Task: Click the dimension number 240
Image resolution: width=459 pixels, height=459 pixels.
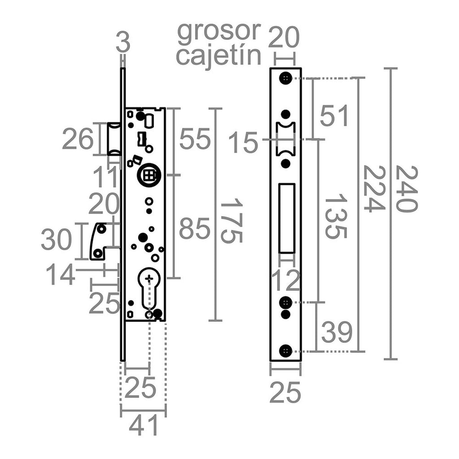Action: pyautogui.click(x=407, y=189)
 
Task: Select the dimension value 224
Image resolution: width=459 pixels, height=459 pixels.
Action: pyautogui.click(x=373, y=189)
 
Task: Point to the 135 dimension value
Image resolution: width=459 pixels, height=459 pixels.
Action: pyautogui.click(x=335, y=216)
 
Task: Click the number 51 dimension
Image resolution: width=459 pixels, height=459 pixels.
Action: pyautogui.click(x=334, y=117)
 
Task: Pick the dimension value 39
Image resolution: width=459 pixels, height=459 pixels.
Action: pyautogui.click(x=337, y=333)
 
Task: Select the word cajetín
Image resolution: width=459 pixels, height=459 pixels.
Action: pyautogui.click(x=218, y=56)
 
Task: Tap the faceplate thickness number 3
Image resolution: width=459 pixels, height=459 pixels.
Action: pyautogui.click(x=122, y=43)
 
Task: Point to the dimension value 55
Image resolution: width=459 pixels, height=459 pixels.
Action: pyautogui.click(x=195, y=139)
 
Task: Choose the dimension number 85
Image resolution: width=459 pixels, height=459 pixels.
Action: pyautogui.click(x=195, y=229)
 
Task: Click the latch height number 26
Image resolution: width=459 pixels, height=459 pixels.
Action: pyautogui.click(x=78, y=139)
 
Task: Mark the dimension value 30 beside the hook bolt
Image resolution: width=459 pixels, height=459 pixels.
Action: pyautogui.click(x=56, y=240)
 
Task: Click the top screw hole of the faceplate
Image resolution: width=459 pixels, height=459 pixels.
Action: pyautogui.click(x=286, y=78)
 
